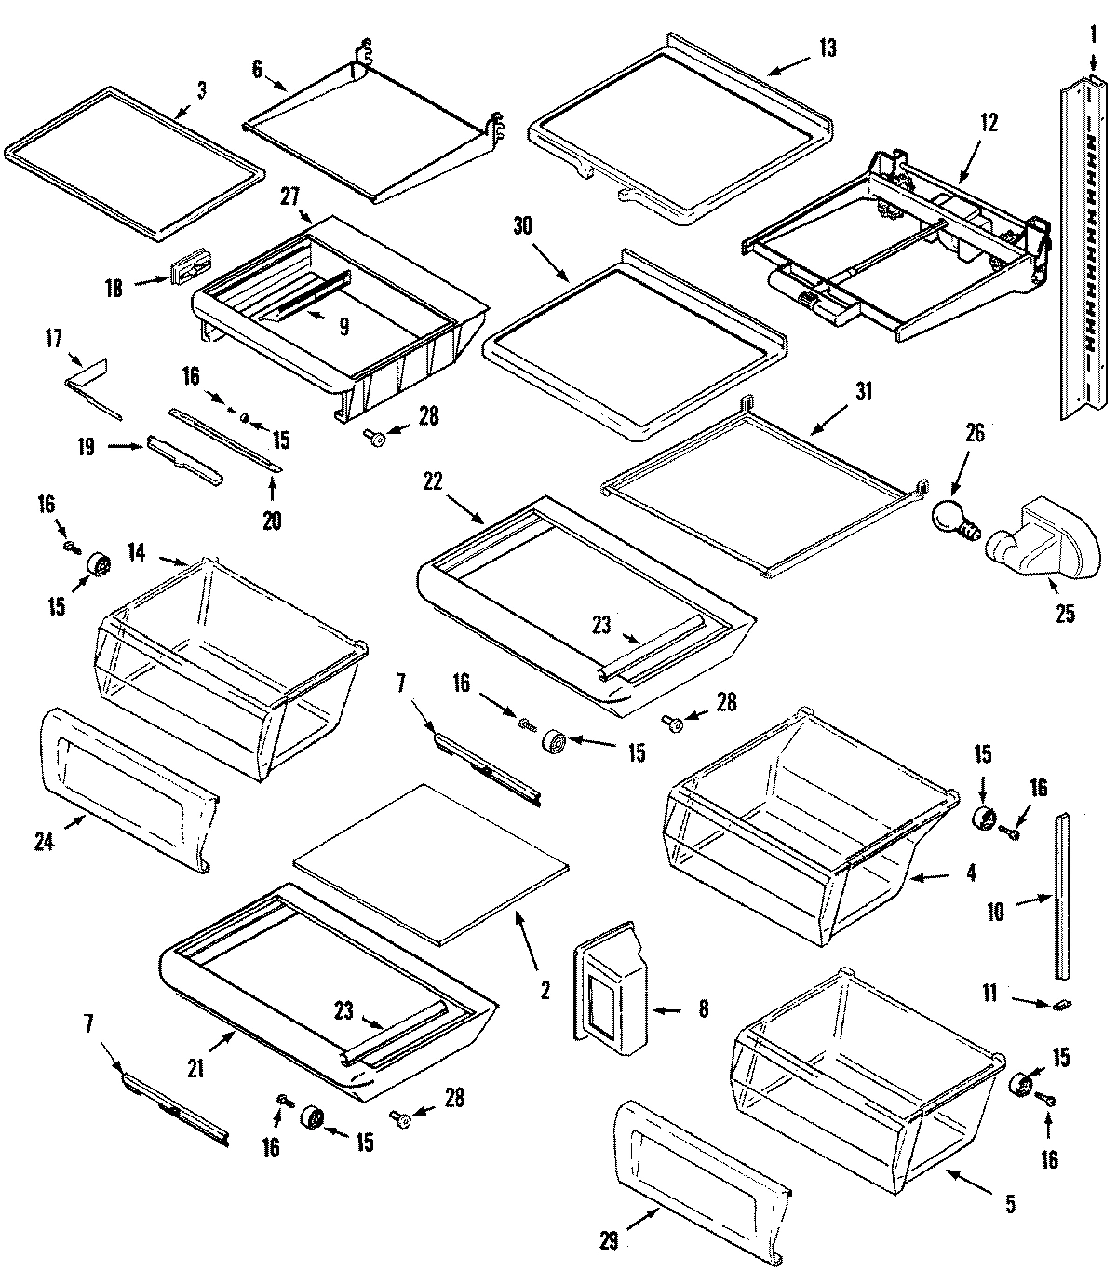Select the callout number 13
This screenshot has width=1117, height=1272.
coord(826,47)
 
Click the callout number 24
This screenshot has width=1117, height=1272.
coord(45,841)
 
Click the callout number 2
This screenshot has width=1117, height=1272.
coord(545,991)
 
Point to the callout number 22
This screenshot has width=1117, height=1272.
coord(433,481)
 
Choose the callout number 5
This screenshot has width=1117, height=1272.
coord(1010,1204)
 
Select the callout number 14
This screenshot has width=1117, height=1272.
coord(137,551)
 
